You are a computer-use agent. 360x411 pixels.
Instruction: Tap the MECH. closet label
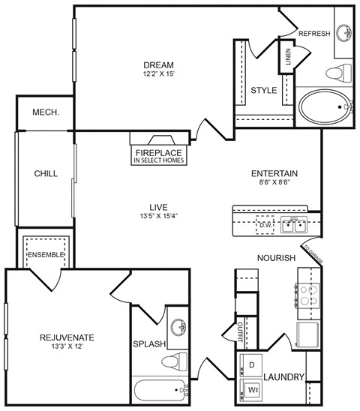tap(46, 112)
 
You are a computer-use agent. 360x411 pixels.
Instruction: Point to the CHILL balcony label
tap(46, 173)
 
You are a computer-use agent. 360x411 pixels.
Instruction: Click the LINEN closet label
tap(288, 58)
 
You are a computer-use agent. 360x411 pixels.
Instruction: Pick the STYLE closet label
tap(263, 91)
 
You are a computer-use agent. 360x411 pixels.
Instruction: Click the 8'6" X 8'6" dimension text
tap(274, 182)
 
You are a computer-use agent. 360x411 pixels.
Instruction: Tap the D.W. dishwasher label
tap(265, 224)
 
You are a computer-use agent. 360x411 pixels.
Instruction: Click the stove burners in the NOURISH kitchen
tap(307, 295)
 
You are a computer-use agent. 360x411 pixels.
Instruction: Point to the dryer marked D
tap(252, 364)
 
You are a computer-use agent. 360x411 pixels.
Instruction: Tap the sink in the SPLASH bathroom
tap(178, 327)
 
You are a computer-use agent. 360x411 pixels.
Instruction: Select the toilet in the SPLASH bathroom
tap(173, 361)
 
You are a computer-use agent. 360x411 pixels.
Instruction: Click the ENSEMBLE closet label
tap(46, 255)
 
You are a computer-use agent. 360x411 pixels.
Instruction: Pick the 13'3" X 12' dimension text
tap(67, 347)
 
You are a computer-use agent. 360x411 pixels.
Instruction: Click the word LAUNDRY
tap(283, 377)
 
